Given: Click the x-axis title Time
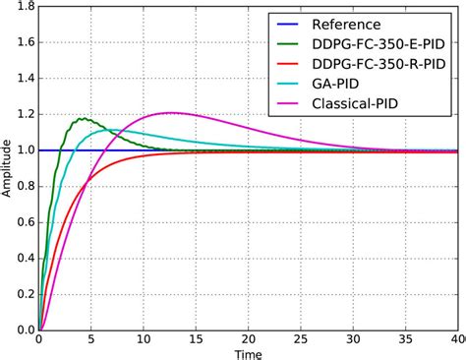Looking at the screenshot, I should pos(248,353).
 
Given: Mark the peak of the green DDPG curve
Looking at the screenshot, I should pos(85,119).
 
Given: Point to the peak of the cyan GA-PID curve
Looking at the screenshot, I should pos(110,130).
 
